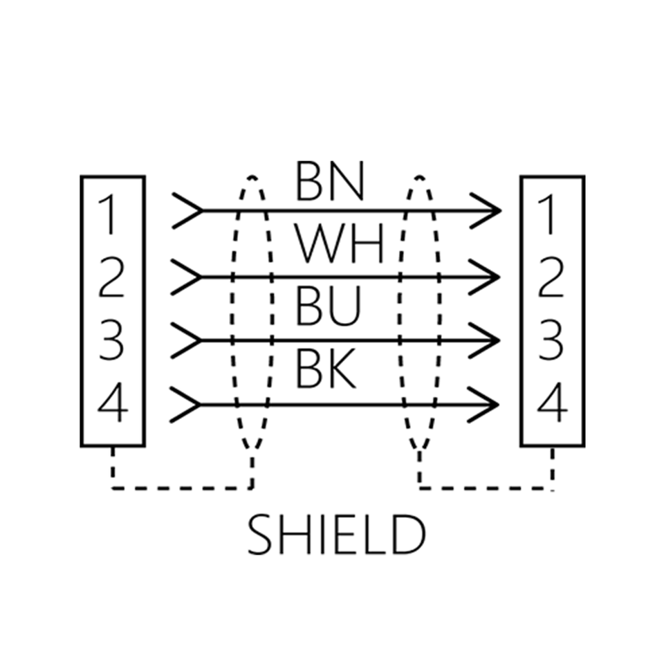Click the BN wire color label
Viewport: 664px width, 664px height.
coord(329,181)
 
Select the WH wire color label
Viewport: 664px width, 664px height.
coord(339,243)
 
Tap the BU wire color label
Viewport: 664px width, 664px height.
coord(328,306)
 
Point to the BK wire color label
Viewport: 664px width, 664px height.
coord(325,369)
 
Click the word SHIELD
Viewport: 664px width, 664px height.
coord(336,534)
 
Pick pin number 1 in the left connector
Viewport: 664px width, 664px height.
coord(110,214)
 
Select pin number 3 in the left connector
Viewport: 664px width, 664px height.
coord(111,340)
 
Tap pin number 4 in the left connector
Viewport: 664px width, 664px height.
coord(113,403)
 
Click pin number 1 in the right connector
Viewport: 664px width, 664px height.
coord(549,214)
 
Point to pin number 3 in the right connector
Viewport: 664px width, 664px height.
coord(551,340)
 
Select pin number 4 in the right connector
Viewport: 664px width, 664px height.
coord(552,403)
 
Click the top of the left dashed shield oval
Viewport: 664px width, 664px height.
coord(252,177)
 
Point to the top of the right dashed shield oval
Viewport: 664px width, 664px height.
coord(419,177)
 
